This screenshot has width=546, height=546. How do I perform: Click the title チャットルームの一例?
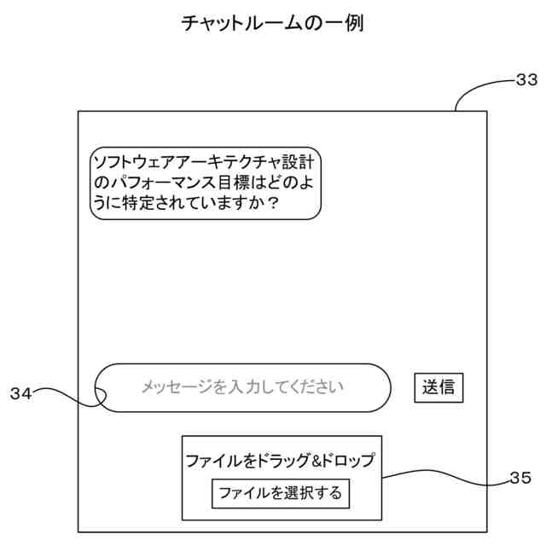(273, 24)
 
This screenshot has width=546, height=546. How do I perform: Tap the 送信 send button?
(439, 387)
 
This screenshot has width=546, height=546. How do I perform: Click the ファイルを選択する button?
(281, 493)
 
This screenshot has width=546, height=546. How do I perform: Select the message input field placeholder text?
(242, 387)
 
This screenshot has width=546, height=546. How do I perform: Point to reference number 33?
(526, 81)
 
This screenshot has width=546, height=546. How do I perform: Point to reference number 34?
(20, 393)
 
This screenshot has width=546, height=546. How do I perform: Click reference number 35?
(520, 479)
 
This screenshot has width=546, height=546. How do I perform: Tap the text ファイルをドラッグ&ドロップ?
(281, 462)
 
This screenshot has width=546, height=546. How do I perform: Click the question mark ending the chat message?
(273, 205)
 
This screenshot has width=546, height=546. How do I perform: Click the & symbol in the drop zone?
(316, 462)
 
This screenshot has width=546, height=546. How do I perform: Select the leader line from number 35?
(444, 478)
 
